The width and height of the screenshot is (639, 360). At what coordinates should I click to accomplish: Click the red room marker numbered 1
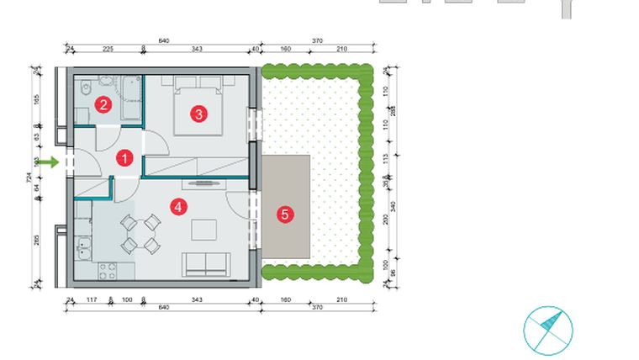124,157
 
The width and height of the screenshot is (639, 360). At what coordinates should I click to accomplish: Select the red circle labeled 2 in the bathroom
103,104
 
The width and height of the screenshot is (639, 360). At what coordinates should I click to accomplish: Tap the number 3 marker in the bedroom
198,114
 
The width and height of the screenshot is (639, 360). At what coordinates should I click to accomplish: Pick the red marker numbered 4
177,207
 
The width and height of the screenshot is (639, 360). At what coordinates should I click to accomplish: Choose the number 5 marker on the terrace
284,214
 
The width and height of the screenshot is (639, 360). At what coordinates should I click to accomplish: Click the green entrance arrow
50,161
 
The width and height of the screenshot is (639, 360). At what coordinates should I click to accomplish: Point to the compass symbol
547,330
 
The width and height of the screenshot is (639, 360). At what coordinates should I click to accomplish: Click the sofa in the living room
205,264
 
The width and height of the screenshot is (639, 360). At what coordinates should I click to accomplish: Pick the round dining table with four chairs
140,234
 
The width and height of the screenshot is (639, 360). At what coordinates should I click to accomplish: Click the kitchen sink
83,248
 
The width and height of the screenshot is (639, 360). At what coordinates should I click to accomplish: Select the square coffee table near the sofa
204,230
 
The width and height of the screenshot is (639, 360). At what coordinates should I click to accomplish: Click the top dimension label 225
108,50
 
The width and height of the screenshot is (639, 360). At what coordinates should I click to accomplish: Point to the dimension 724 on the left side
29,177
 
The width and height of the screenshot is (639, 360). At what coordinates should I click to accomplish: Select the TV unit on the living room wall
205,183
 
